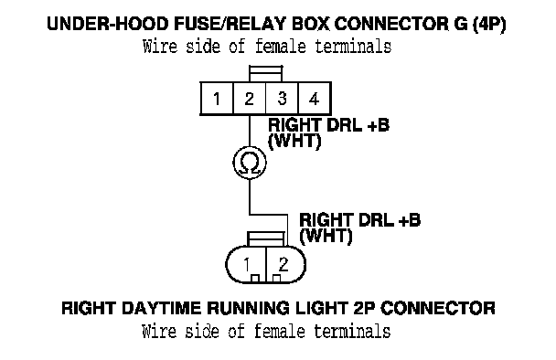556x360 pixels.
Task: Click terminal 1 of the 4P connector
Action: click(217, 99)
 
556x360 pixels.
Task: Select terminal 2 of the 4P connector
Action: click(250, 99)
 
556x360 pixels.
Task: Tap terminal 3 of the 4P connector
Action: click(282, 99)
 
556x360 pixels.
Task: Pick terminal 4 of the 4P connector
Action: click(315, 99)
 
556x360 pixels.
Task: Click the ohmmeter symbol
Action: click(250, 163)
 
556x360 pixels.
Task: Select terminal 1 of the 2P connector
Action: click(246, 264)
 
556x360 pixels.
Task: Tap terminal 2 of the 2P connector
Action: click(283, 264)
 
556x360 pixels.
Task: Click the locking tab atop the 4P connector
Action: click(265, 74)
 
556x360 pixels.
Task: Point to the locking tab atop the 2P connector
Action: click(266, 239)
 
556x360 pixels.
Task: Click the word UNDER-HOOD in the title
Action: click(108, 24)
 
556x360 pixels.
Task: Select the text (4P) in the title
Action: click(489, 25)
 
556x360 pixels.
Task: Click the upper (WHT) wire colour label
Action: click(294, 142)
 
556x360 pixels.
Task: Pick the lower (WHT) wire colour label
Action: click(326, 237)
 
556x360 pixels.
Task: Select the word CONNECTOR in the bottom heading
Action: click(438, 308)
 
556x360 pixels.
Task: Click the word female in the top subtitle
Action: click(280, 47)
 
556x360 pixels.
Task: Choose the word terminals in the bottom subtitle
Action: click(352, 332)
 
